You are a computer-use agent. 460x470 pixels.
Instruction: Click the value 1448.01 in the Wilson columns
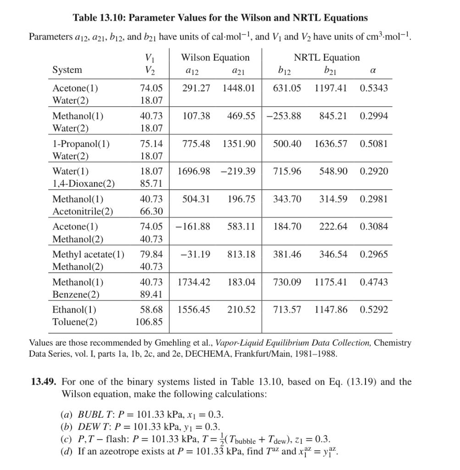(238, 88)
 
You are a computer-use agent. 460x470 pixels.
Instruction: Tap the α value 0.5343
(374, 88)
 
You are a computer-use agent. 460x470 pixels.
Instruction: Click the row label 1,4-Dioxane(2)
(83, 184)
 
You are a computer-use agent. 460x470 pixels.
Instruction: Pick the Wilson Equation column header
(216, 57)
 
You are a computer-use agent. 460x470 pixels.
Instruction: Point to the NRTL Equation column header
(327, 57)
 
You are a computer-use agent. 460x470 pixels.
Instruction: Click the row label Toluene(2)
(75, 322)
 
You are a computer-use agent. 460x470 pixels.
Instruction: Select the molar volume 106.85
(149, 322)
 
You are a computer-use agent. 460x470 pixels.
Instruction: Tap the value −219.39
(238, 171)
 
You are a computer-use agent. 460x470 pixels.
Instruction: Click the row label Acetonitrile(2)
(83, 211)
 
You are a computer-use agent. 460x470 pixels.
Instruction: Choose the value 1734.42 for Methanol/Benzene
(194, 282)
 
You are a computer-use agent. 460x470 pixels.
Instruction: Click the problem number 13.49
(44, 382)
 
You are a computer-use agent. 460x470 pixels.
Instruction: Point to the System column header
(67, 70)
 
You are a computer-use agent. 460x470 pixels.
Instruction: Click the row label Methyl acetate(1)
(88, 254)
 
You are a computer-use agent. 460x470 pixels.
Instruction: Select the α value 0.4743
(374, 282)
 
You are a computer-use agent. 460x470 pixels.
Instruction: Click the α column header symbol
(372, 70)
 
